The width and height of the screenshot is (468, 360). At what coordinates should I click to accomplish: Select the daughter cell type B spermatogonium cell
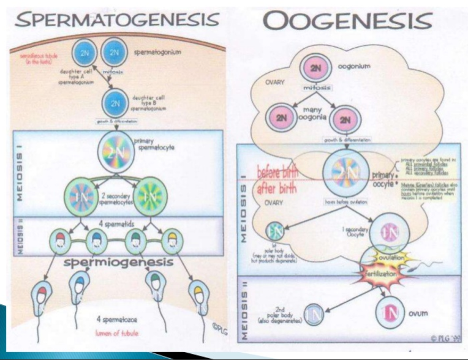(x=115, y=103)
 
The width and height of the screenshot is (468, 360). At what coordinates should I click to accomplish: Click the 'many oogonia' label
(x=314, y=112)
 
